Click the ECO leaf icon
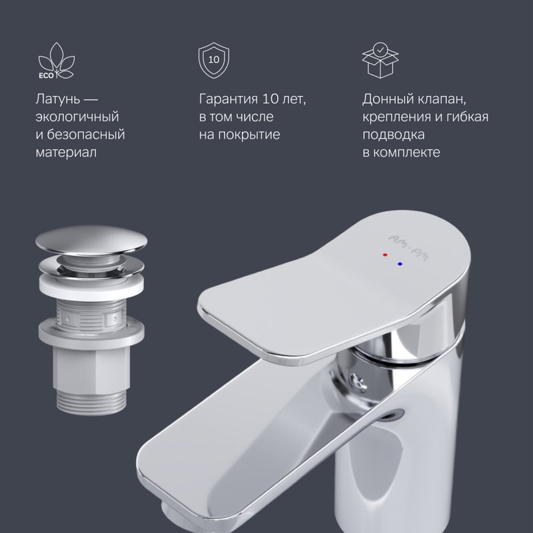56,61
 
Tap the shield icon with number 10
214,60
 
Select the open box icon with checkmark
380,60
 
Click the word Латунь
58,99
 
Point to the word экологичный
77,117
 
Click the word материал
66,152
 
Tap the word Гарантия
229,99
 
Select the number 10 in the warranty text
270,99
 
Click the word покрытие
249,135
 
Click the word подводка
393,135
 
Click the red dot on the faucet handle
385,255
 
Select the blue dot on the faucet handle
400,264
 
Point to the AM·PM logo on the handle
408,248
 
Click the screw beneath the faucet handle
357,380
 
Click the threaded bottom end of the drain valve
92,402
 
